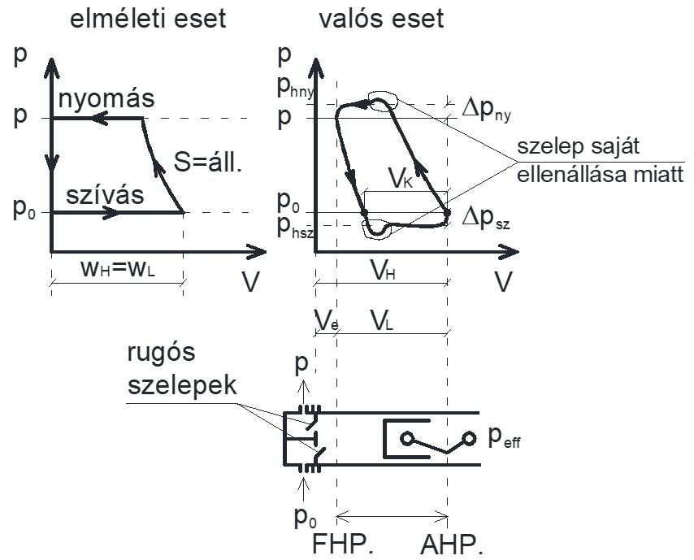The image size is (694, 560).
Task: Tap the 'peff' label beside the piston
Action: click(x=507, y=439)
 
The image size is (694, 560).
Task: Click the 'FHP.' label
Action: click(x=342, y=542)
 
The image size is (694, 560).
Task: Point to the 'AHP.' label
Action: click(x=451, y=542)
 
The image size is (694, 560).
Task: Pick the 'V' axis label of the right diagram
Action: click(x=505, y=280)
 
